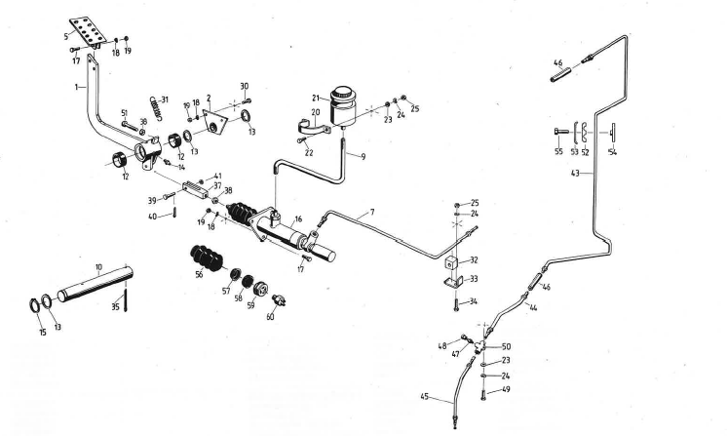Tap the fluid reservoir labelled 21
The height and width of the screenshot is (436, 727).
point(342,104)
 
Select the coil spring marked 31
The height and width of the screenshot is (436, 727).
point(153,102)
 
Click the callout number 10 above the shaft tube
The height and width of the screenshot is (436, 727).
point(97,265)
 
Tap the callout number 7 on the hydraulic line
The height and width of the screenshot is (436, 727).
point(371,212)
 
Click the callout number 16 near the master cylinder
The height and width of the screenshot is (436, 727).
point(299,219)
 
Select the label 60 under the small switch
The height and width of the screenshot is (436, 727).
point(270,315)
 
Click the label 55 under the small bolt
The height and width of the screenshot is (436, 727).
point(558,152)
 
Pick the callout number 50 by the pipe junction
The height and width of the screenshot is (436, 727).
point(505,346)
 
